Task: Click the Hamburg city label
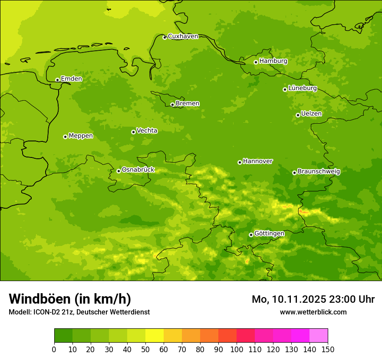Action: pos(273,61)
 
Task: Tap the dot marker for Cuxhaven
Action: pos(165,37)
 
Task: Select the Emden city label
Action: pos(71,79)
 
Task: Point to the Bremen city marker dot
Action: pos(172,105)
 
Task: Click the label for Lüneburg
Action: pos(302,88)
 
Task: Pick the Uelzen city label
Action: pos(311,114)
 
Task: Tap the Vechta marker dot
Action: pos(133,132)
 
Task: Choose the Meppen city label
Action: pos(81,136)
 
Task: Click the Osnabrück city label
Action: pos(138,170)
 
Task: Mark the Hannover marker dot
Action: pos(240,162)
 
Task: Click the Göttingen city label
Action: pos(269,234)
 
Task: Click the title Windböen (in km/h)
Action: pos(70,299)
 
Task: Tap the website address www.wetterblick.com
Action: pos(313,312)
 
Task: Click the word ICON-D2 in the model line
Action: pos(46,312)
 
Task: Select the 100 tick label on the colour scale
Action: pos(237,349)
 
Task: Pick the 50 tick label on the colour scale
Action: pos(145,349)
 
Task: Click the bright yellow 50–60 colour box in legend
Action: pos(155,336)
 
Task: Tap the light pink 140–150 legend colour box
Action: pos(319,336)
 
